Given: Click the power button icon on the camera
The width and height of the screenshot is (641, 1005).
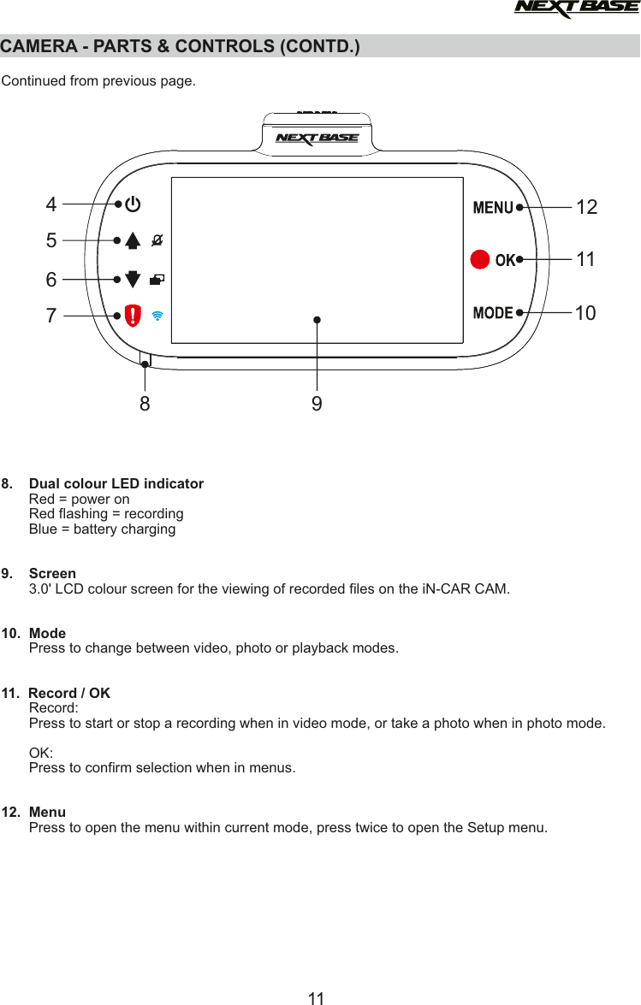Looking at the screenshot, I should point(134,205).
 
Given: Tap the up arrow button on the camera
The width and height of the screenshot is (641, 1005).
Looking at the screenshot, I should point(133,240).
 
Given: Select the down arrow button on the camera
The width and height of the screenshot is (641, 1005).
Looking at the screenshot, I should point(133,279).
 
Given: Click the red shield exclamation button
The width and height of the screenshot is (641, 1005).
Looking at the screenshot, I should point(134,315).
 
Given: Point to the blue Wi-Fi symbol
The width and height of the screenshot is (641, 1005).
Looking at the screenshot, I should point(157,315).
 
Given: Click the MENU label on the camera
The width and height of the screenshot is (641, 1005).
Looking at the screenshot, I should point(493,208).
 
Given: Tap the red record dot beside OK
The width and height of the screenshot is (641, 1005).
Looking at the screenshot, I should point(480,259).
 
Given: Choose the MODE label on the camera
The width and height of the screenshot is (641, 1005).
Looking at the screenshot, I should point(493,313).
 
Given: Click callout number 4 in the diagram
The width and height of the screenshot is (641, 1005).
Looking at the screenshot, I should point(52,205).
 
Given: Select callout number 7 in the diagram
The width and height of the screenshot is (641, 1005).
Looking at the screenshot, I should point(52,316).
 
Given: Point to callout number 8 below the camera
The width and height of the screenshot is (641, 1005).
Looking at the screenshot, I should point(145,403).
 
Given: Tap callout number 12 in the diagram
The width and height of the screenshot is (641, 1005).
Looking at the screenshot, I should point(586,208).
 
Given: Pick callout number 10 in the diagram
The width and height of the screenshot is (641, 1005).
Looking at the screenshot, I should point(585,314).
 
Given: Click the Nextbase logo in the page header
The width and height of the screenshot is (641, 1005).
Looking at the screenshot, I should point(575,9).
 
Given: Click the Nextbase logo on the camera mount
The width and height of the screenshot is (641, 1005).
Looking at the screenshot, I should point(317,139).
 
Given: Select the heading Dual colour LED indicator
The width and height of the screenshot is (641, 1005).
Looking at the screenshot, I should point(116,484).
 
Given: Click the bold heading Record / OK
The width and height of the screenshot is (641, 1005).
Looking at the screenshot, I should point(69,693).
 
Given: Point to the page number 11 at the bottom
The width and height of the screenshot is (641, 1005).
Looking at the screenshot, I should point(317,997).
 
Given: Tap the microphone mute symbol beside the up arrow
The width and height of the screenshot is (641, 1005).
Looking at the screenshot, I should point(157,240).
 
